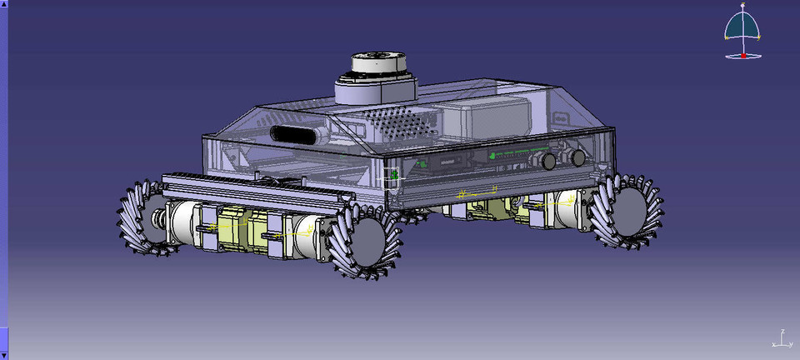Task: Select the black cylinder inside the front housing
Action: pyautogui.click(x=297, y=134)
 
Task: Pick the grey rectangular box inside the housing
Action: pyautogui.click(x=484, y=117)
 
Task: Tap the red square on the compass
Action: pyautogui.click(x=743, y=55)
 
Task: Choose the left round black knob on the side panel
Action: pyautogui.click(x=549, y=162)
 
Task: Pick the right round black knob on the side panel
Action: pyautogui.click(x=577, y=157)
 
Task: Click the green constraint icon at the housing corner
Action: pyautogui.click(x=393, y=176)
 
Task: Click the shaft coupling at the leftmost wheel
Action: pyautogui.click(x=156, y=220)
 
